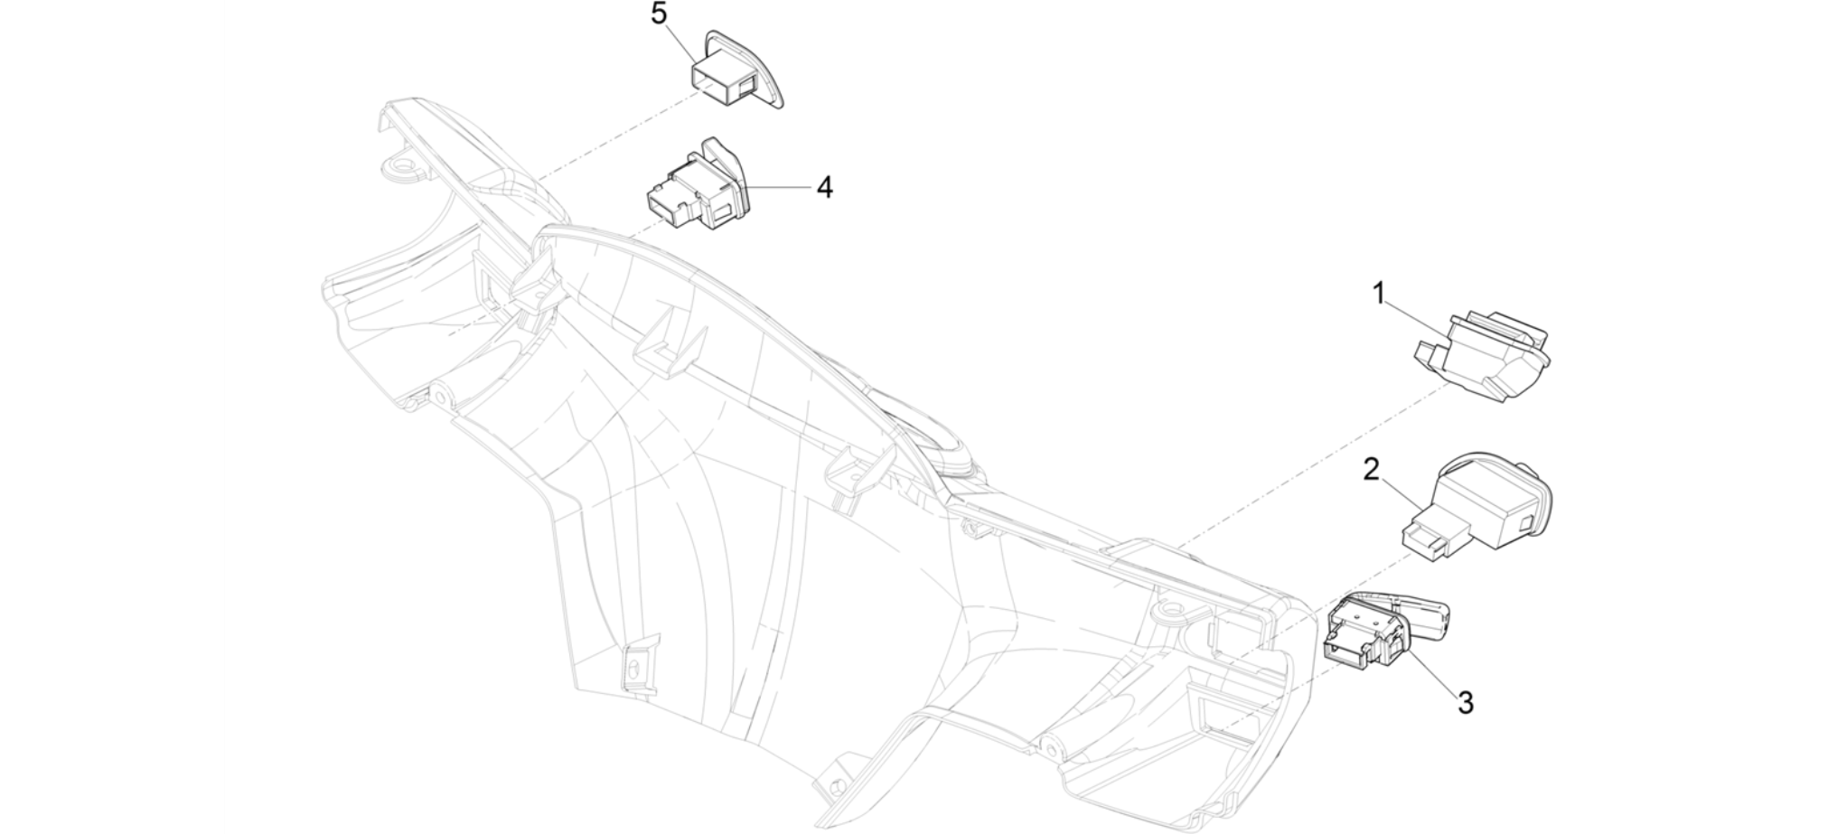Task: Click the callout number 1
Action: [1379, 295]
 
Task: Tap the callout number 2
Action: [1372, 470]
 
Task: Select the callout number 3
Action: [1466, 702]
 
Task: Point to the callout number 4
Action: [824, 187]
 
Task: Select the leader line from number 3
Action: [1430, 665]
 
